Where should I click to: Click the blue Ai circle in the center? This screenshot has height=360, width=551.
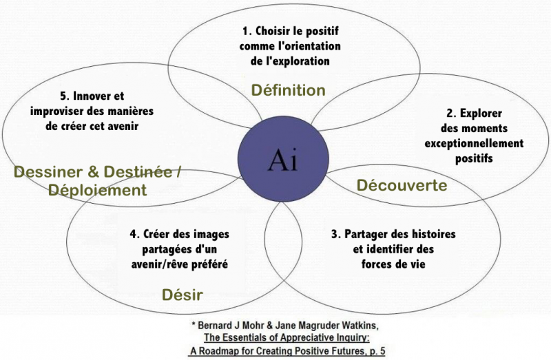[x=283, y=159]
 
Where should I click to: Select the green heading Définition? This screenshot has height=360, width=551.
[x=288, y=90]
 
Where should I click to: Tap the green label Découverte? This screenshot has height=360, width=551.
[x=402, y=185]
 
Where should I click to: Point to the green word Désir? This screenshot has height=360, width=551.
[x=183, y=295]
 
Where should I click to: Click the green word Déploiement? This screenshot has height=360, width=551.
[x=97, y=191]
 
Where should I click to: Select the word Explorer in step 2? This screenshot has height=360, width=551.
[x=481, y=114]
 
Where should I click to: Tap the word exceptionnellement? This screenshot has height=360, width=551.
[x=474, y=143]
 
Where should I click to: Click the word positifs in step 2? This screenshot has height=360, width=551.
[x=474, y=158]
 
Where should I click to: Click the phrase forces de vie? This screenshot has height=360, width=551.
[x=393, y=264]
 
